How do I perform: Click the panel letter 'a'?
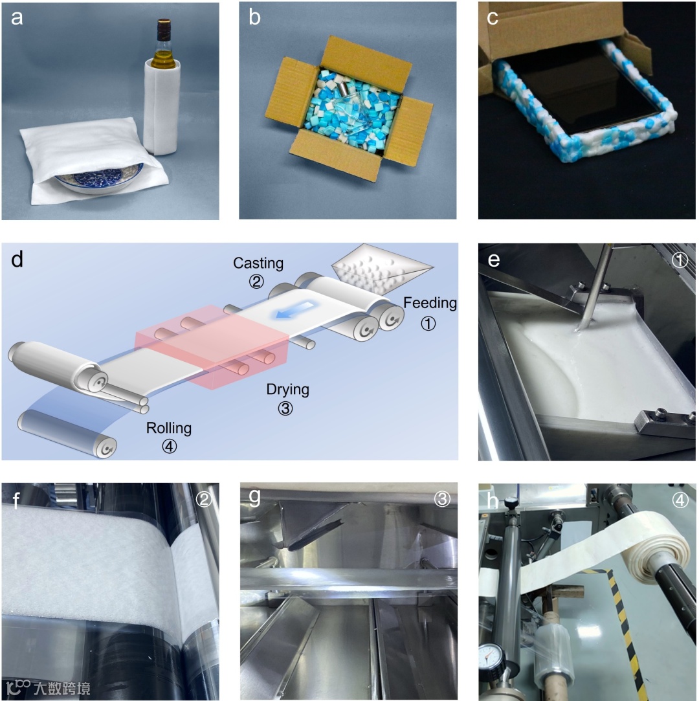(17, 18)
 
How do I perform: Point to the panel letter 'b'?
(254, 17)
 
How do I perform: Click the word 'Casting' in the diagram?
(258, 263)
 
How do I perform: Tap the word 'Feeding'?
(430, 303)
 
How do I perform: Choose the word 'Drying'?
(287, 390)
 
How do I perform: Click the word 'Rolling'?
(168, 428)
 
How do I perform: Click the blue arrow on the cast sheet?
(294, 311)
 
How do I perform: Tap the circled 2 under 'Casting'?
(256, 281)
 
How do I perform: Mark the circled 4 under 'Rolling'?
(169, 446)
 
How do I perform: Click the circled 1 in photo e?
(680, 260)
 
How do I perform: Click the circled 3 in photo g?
(442, 499)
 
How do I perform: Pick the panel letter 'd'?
(17, 260)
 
